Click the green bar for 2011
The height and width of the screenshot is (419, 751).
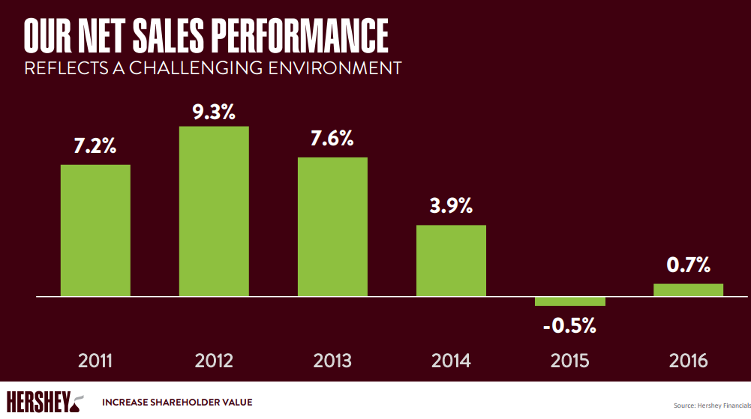(95, 230)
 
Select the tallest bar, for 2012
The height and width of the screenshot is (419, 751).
(214, 211)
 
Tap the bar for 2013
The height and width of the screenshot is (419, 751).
(332, 226)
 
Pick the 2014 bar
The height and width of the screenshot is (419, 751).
(451, 260)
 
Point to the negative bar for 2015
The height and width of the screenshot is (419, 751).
(569, 301)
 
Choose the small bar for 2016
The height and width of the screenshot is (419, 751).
(688, 290)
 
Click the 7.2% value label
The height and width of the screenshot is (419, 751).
(95, 146)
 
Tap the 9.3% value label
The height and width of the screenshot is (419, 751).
(214, 112)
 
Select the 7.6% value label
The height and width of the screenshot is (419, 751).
(332, 139)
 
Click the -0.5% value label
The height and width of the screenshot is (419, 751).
(569, 326)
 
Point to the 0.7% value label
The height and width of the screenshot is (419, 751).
(688, 265)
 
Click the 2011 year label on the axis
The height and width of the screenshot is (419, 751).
(95, 361)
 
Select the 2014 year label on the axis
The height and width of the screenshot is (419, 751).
(451, 361)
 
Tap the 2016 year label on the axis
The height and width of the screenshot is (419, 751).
(688, 361)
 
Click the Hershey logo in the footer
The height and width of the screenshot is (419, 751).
(45, 401)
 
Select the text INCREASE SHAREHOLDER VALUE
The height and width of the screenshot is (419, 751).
(177, 403)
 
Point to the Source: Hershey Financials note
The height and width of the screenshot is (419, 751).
(711, 406)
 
